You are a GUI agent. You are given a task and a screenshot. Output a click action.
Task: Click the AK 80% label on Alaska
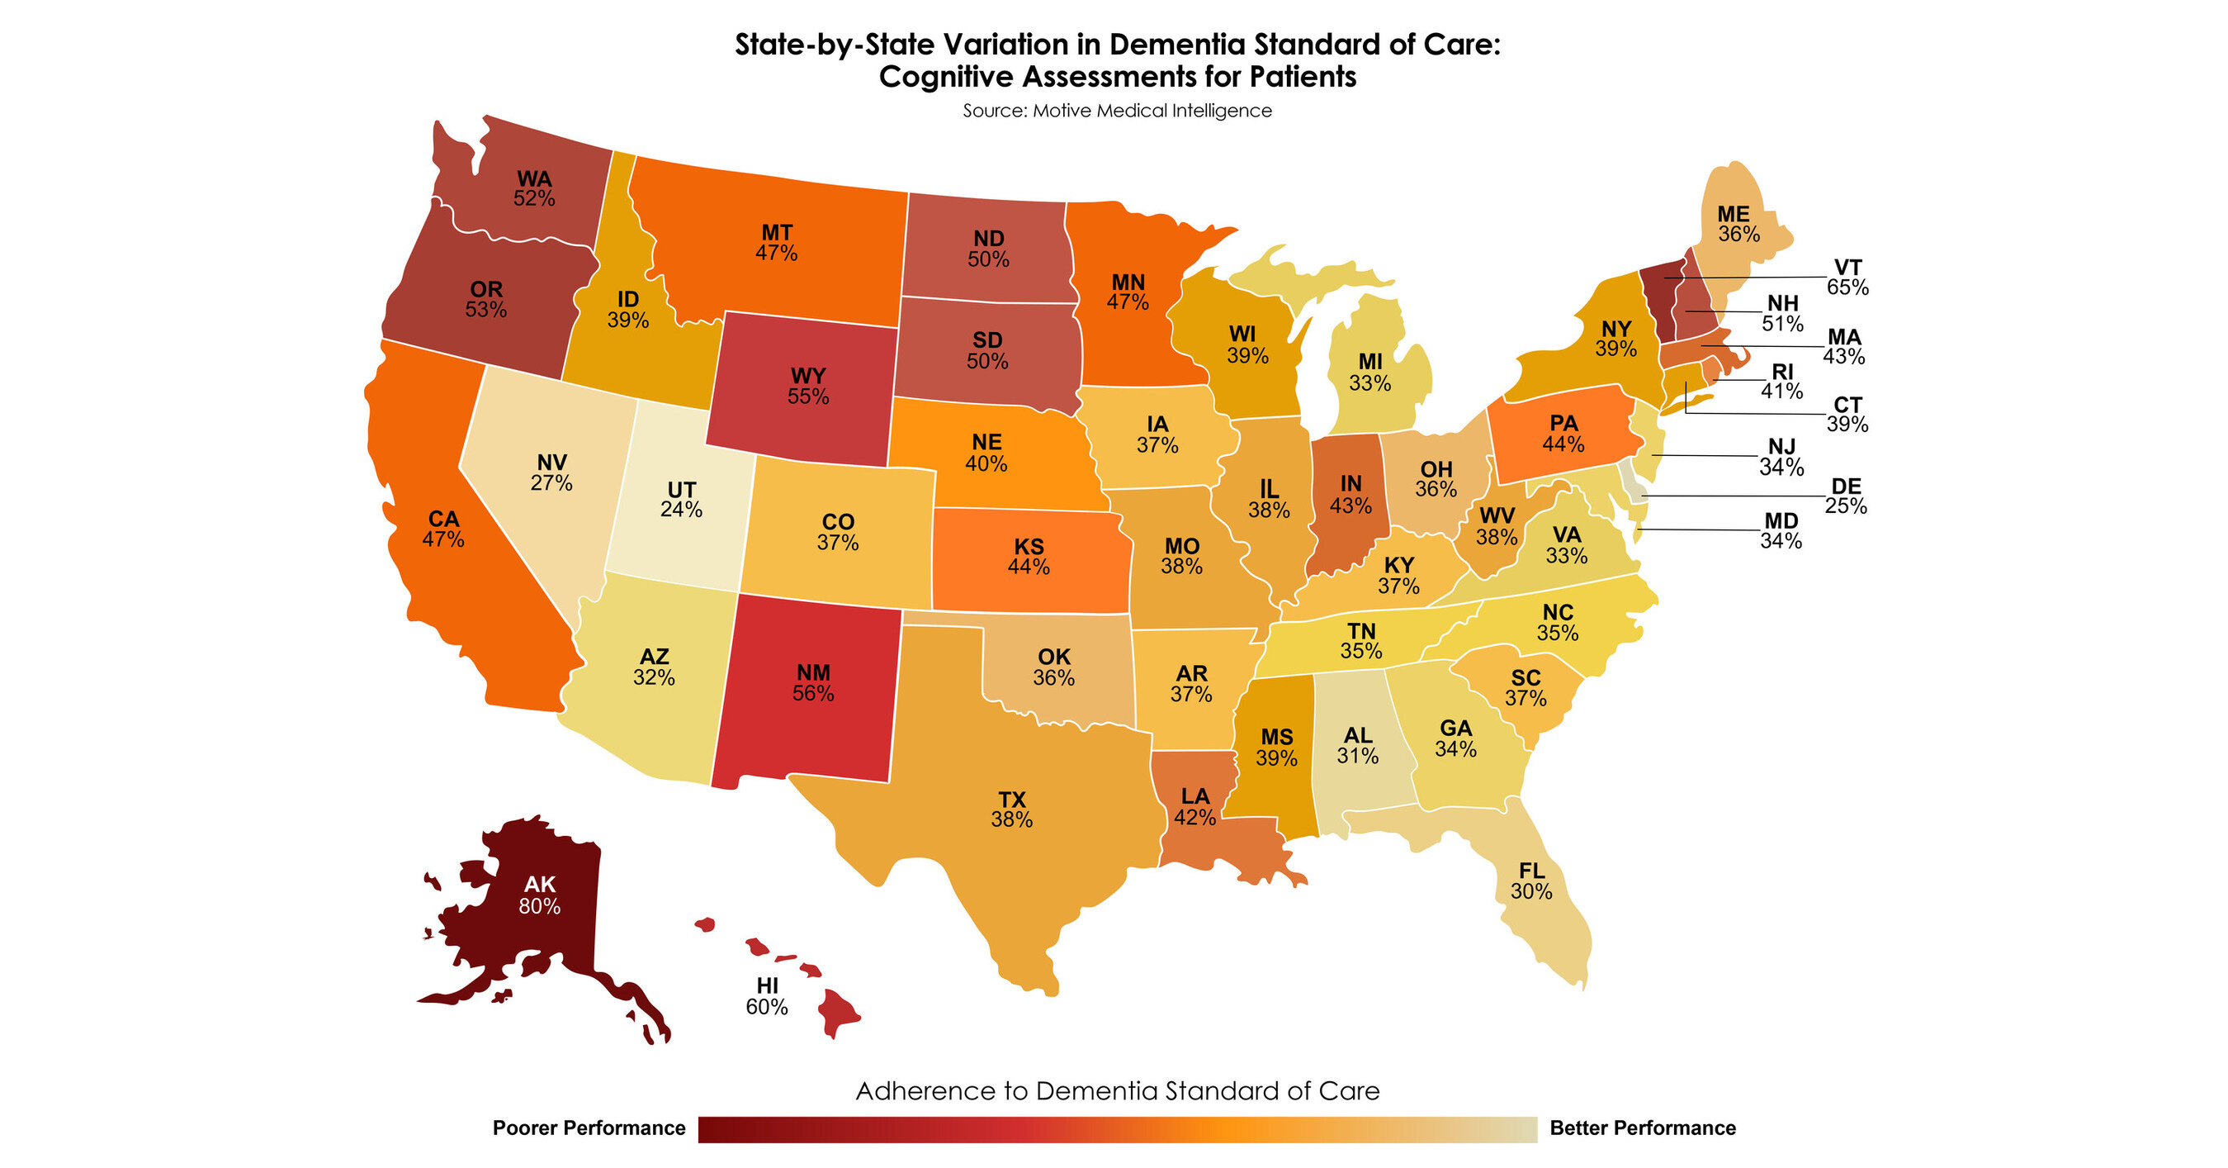[540, 895]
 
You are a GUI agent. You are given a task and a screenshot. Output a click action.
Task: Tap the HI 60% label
[767, 996]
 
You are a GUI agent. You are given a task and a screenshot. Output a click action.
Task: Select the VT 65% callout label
[1847, 277]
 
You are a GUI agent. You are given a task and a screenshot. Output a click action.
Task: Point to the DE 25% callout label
[1846, 496]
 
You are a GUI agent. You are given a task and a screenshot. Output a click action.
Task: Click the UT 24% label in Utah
[682, 499]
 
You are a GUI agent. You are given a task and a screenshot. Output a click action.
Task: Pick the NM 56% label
[813, 682]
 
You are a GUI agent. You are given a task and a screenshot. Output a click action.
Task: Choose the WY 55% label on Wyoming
[808, 386]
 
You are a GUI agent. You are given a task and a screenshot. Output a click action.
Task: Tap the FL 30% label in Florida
[1532, 881]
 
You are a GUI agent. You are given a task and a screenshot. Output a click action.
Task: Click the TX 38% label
[1012, 809]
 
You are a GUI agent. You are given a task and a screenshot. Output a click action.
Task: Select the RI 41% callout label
[1782, 382]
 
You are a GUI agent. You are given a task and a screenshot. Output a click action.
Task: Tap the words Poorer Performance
[589, 1128]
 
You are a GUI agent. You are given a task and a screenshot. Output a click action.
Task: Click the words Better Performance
[1643, 1128]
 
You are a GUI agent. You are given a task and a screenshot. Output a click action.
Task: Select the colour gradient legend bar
[1118, 1130]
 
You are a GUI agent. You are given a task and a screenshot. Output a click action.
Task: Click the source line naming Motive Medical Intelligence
[1118, 111]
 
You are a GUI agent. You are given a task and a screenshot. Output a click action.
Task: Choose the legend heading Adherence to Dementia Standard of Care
[1118, 1091]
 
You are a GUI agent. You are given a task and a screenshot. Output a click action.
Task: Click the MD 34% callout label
[1781, 531]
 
